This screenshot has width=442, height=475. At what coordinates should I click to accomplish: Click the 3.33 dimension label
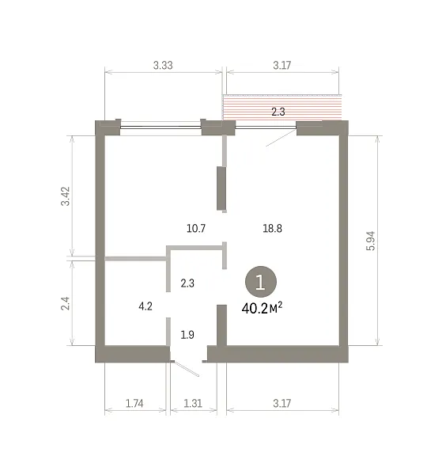pyautogui.click(x=163, y=65)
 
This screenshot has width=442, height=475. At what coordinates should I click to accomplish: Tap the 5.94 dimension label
pyautogui.click(x=371, y=241)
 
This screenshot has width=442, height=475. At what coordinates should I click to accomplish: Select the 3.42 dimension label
pyautogui.click(x=66, y=196)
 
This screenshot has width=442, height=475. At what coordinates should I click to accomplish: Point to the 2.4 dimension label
pyautogui.click(x=66, y=303)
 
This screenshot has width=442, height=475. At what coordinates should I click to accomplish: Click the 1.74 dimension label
pyautogui.click(x=134, y=403)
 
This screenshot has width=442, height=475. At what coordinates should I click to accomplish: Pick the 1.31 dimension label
pyautogui.click(x=193, y=403)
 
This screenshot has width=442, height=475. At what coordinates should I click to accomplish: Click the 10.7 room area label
pyautogui.click(x=196, y=228)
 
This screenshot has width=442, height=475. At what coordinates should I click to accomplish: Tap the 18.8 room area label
pyautogui.click(x=272, y=228)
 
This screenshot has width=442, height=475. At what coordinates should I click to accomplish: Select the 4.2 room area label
pyautogui.click(x=145, y=306)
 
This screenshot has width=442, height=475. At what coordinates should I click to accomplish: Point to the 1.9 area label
pyautogui.click(x=187, y=335)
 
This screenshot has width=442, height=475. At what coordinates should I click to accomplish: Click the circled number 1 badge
pyautogui.click(x=260, y=282)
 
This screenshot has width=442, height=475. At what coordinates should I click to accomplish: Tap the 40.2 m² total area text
pyautogui.click(x=262, y=309)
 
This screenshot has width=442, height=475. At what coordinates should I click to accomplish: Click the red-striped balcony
pyautogui.click(x=282, y=107)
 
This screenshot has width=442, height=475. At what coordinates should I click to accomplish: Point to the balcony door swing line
pyautogui.click(x=281, y=138)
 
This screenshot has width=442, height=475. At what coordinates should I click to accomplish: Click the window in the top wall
pyautogui.click(x=161, y=127)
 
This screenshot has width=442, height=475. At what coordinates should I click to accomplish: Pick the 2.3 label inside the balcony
pyautogui.click(x=278, y=112)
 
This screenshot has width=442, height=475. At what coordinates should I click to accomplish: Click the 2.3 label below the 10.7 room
pyautogui.click(x=187, y=283)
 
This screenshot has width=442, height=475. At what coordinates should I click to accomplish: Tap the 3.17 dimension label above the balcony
pyautogui.click(x=282, y=65)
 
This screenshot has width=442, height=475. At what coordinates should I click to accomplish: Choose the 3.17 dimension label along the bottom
pyautogui.click(x=282, y=403)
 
